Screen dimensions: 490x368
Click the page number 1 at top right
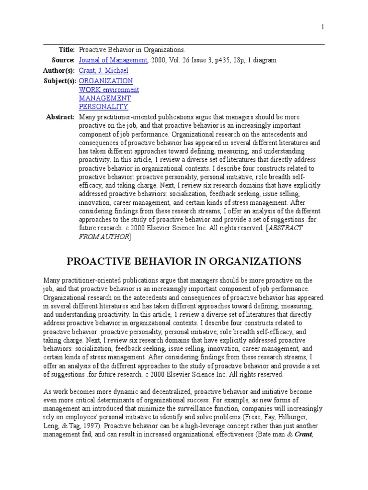[322, 27]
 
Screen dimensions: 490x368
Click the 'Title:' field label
[67, 50]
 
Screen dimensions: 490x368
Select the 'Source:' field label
[63, 60]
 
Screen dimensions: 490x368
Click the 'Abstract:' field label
[60, 117]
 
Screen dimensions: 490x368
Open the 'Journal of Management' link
[113, 60]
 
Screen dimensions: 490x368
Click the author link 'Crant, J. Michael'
[103, 71]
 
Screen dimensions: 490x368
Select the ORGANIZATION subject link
[106, 81]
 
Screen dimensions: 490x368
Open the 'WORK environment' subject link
[109, 90]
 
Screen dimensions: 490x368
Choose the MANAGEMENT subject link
[104, 99]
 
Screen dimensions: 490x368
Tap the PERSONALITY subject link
[103, 107]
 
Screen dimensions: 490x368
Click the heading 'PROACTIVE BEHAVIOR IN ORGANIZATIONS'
[184, 261]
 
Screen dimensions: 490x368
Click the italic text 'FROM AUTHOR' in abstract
[104, 237]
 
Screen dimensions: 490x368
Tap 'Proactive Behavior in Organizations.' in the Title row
[132, 50]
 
